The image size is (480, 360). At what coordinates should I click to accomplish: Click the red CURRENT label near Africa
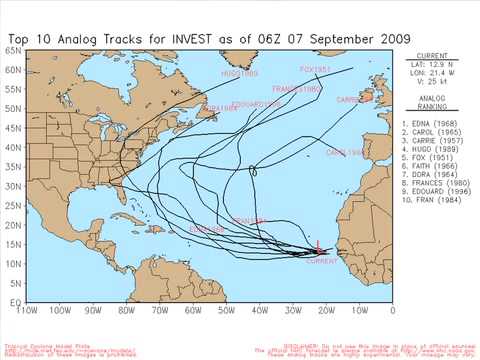321,260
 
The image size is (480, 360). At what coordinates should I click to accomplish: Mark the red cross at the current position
318,248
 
